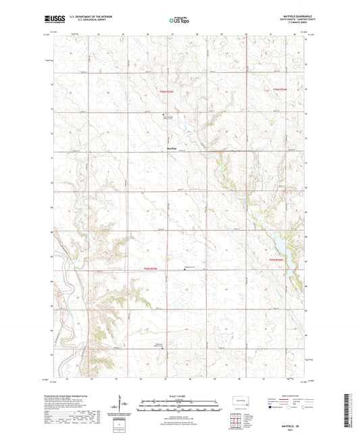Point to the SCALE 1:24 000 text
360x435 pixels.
pos(179,394)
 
